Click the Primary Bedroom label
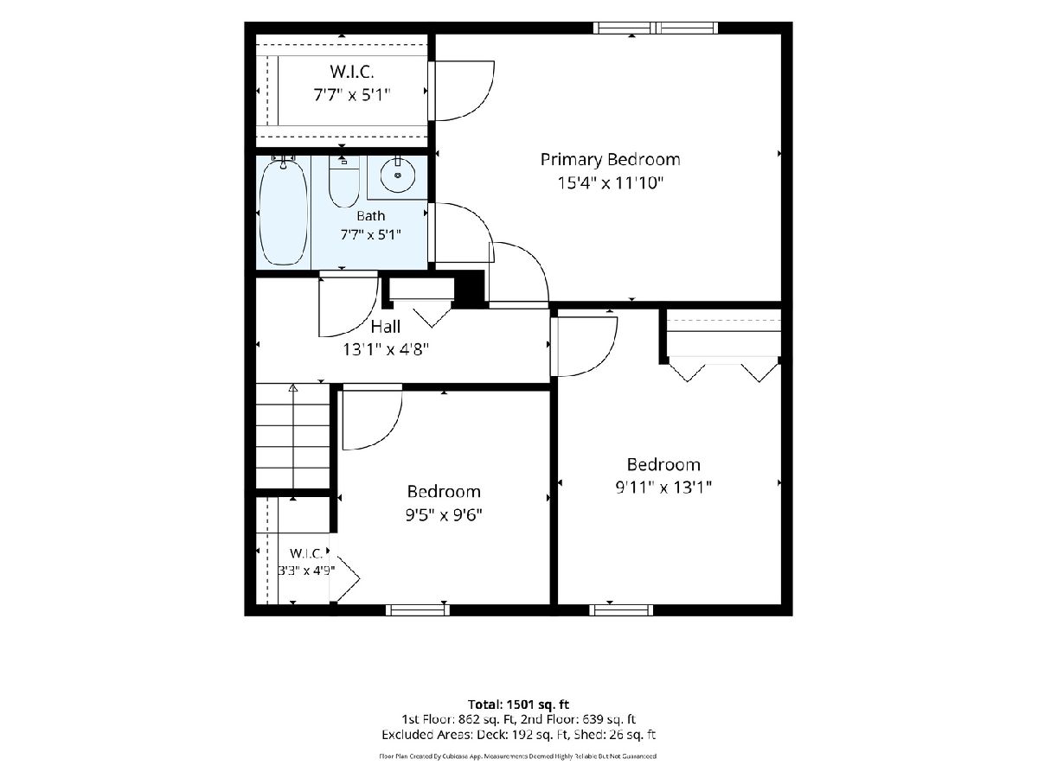coord(610,160)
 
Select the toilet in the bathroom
coord(343,182)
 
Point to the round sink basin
coord(398,175)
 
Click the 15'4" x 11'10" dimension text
coord(611,182)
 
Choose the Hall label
coord(386,327)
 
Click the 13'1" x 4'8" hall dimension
coord(386,349)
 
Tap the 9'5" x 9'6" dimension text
coord(444,514)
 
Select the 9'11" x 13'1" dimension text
coord(663,487)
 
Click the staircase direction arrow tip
coord(293,386)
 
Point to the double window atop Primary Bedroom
coord(656,29)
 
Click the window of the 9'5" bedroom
coord(418,610)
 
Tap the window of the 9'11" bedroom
coord(621,610)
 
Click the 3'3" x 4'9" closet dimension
coord(306,571)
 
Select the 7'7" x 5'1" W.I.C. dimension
coord(352,95)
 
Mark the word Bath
coord(371,216)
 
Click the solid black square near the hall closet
coord(469,288)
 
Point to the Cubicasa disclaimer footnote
coord(518,756)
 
